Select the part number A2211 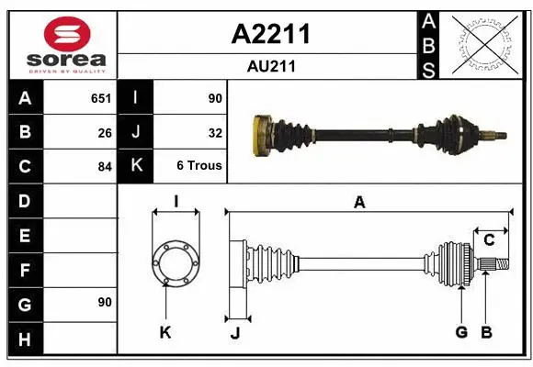pyautogui.click(x=270, y=35)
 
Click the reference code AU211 pyautogui.click(x=270, y=66)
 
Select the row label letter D pyautogui.click(x=25, y=201)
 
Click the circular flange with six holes pyautogui.click(x=175, y=263)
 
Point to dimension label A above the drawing pyautogui.click(x=360, y=203)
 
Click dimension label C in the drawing pyautogui.click(x=490, y=239)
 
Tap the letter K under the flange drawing pyautogui.click(x=165, y=332)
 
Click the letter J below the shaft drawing pyautogui.click(x=234, y=333)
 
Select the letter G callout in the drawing pyautogui.click(x=461, y=332)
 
